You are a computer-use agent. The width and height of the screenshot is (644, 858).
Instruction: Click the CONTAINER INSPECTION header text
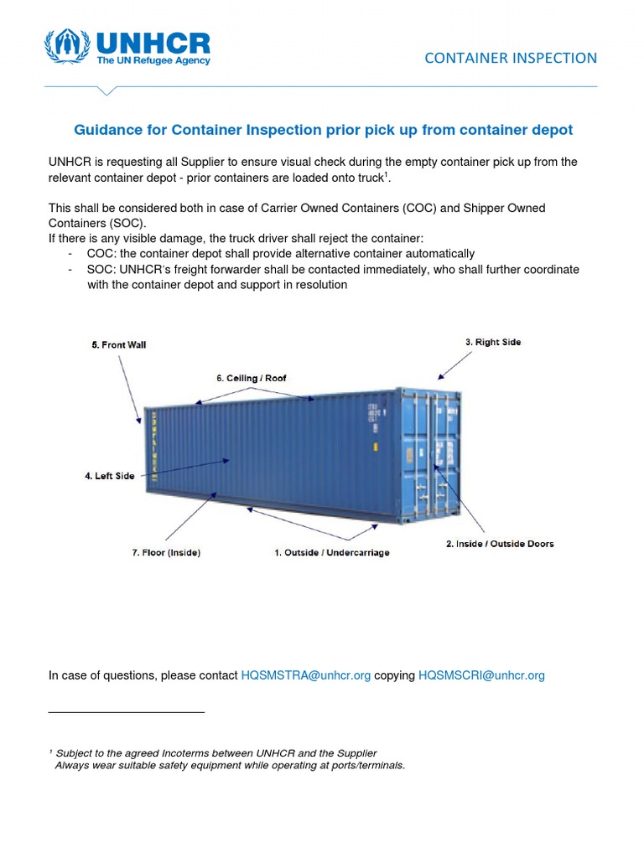tap(511, 58)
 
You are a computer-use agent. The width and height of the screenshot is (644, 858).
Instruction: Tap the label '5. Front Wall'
tap(119, 344)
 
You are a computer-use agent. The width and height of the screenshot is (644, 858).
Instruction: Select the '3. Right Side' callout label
tap(493, 342)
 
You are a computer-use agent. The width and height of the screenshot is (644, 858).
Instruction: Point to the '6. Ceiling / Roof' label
tap(251, 378)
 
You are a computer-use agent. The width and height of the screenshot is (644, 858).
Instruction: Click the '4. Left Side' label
tap(110, 476)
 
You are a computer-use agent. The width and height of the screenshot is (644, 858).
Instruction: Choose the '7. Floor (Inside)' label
tap(166, 553)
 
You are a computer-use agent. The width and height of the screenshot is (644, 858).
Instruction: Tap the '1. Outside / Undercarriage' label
tap(332, 553)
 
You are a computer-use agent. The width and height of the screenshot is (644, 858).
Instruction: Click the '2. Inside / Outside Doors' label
tap(499, 544)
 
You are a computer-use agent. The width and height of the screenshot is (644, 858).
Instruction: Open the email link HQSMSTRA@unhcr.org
tap(305, 675)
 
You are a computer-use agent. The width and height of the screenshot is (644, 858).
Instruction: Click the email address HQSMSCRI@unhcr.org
tap(481, 675)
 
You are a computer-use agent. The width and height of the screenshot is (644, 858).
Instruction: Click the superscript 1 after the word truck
tap(387, 173)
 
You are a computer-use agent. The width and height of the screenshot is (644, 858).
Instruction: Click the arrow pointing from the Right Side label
tap(453, 364)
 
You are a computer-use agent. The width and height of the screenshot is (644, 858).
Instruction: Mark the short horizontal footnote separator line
tap(127, 712)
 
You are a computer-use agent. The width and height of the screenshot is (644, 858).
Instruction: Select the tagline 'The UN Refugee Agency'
tap(153, 61)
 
